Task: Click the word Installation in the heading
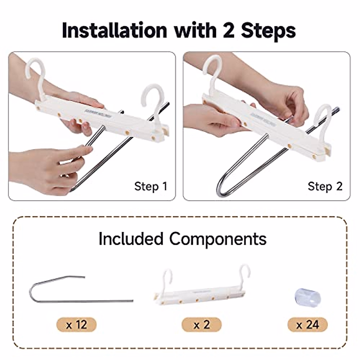[x=114, y=30]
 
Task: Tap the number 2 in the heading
[x=228, y=30]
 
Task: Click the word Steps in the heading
[x=268, y=30]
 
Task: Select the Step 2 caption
[x=325, y=186]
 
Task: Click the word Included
[x=131, y=239]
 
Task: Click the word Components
[x=217, y=239]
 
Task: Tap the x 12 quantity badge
[x=76, y=325]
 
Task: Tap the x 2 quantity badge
[x=202, y=325]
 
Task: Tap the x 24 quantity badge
[x=307, y=325]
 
